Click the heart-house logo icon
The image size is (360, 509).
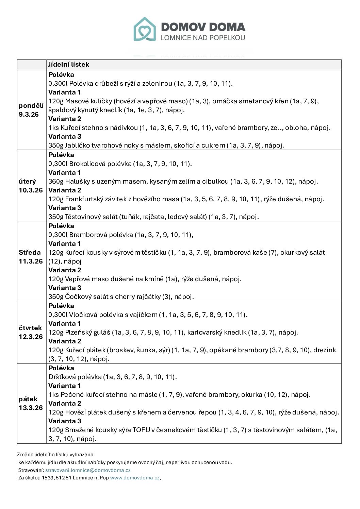[145, 29]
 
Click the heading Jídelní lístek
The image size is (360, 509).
[68, 65]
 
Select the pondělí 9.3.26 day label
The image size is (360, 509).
[31, 110]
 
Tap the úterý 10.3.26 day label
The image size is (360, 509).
[31, 186]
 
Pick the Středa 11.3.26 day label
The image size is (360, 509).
[31, 257]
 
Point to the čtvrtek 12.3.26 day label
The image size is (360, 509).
[31, 332]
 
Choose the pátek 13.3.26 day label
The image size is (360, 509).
[31, 403]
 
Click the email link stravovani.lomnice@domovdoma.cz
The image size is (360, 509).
[88, 470]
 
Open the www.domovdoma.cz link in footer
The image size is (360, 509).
[135, 478]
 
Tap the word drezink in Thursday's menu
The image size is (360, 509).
[325, 350]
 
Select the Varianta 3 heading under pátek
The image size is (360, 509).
[65, 421]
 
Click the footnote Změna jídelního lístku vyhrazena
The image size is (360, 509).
[56, 455]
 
